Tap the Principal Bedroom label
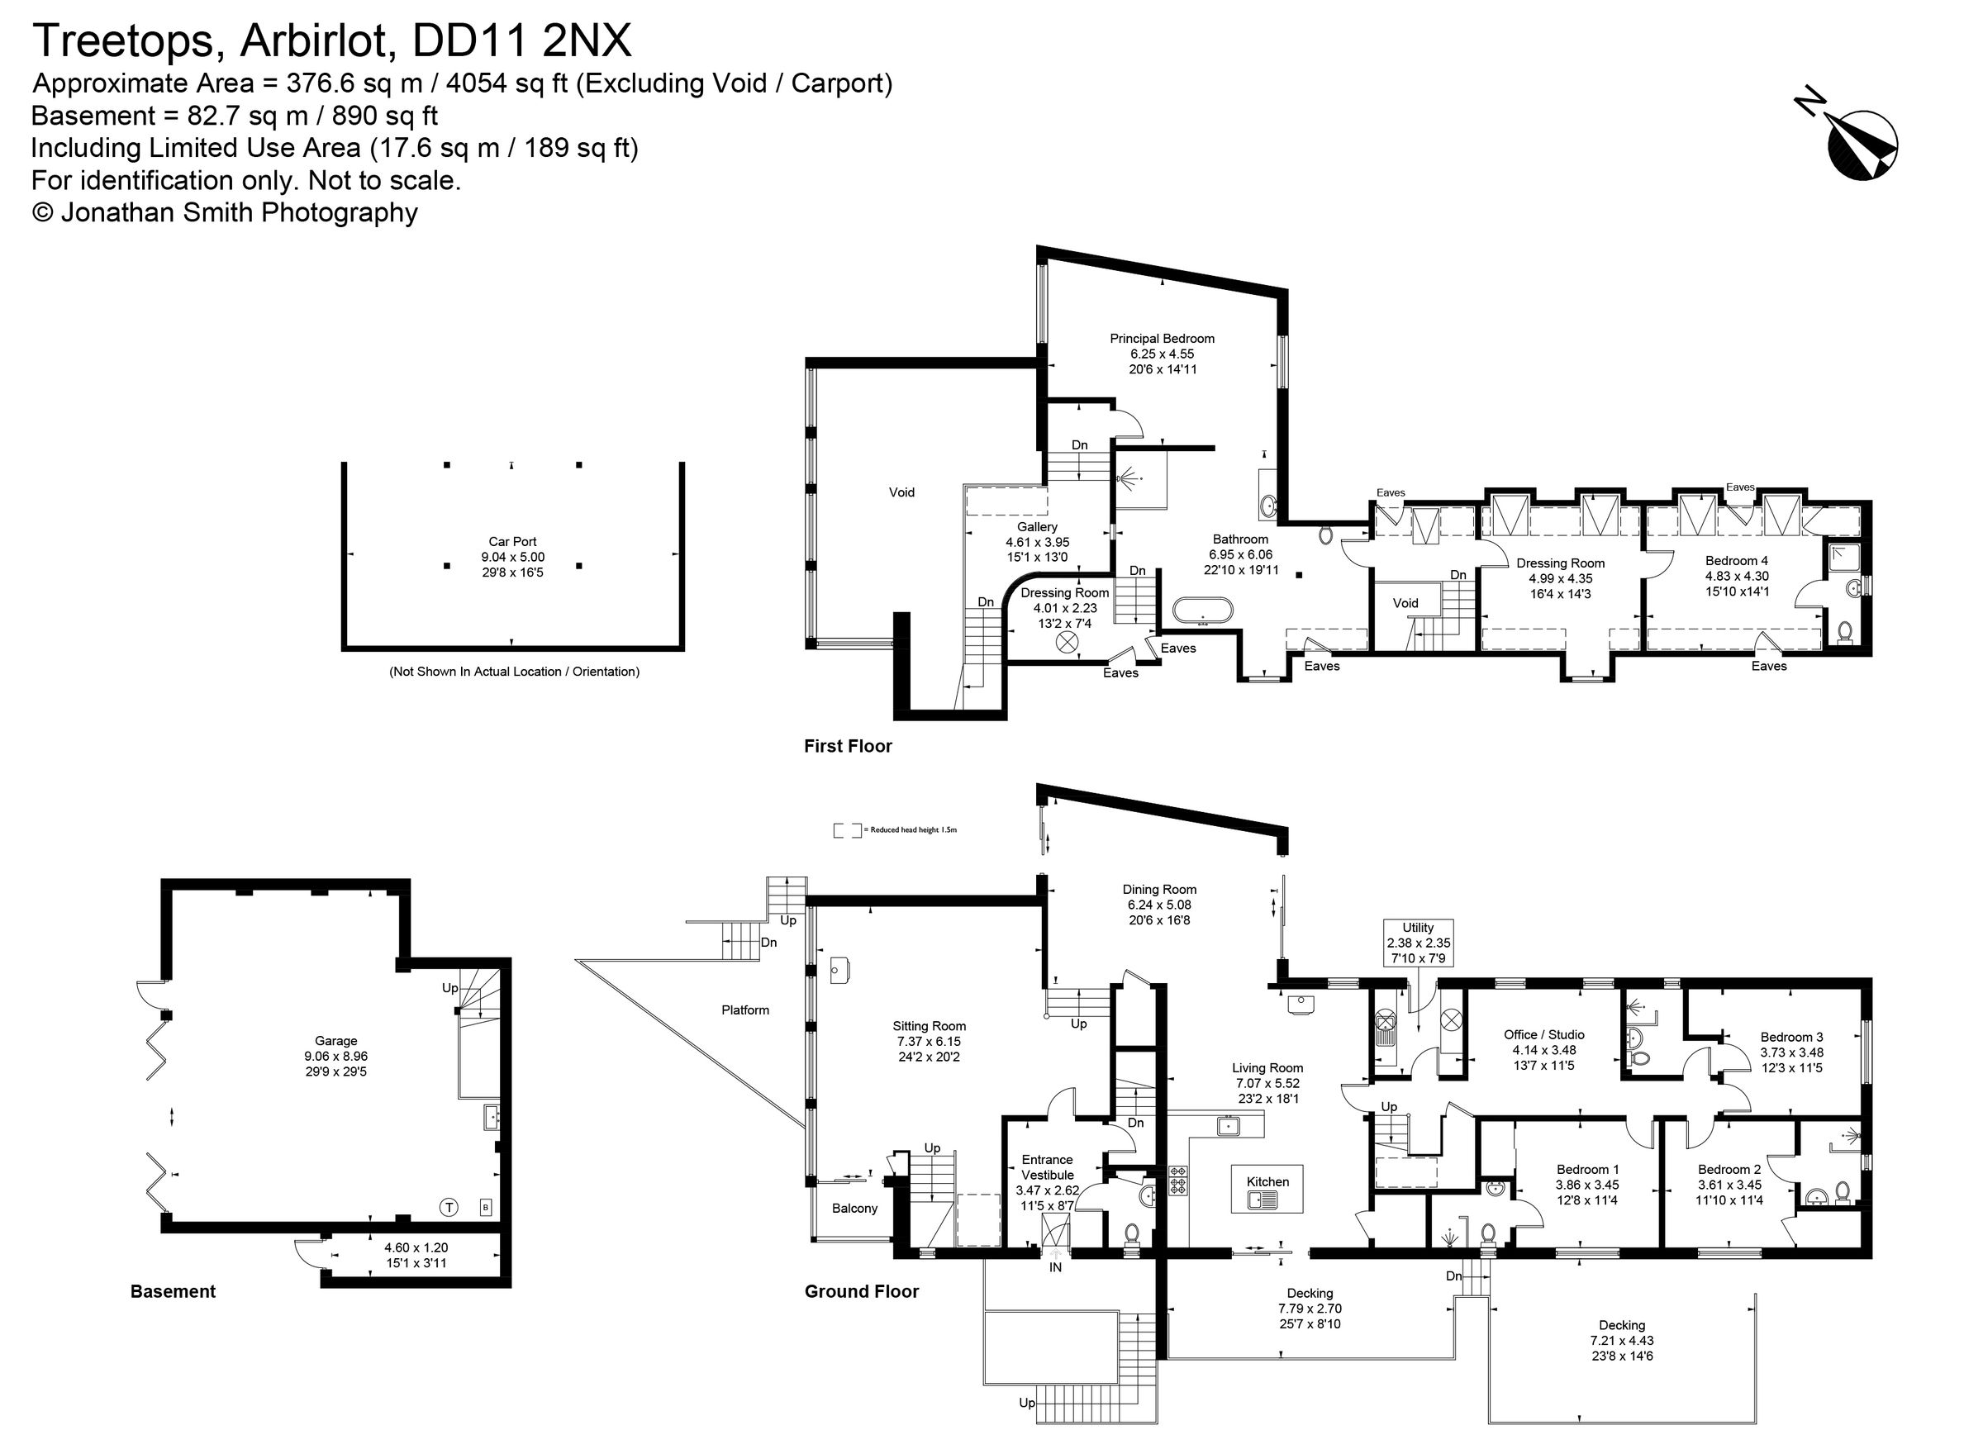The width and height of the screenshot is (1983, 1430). coord(1161,338)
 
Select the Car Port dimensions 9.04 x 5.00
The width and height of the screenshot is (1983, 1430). coord(512,557)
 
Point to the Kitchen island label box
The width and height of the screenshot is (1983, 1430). coord(1267,1188)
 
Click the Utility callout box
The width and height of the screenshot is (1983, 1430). coord(1417,943)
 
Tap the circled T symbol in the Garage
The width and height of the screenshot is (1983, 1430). coord(448,1208)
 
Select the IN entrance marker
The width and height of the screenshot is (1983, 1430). coord(1054,1266)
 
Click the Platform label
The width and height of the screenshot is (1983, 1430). coord(745,1010)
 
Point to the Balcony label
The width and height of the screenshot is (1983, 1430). coord(854,1208)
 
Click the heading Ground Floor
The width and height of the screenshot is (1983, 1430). coord(861,1291)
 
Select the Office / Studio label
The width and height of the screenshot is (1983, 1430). coord(1543,1034)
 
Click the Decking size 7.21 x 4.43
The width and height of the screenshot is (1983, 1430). coord(1621,1340)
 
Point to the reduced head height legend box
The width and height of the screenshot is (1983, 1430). coord(846,829)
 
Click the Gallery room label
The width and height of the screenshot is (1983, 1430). coord(1037,527)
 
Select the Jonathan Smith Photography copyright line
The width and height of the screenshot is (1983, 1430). coord(225,212)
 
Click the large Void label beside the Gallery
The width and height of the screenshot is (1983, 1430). coord(901,492)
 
